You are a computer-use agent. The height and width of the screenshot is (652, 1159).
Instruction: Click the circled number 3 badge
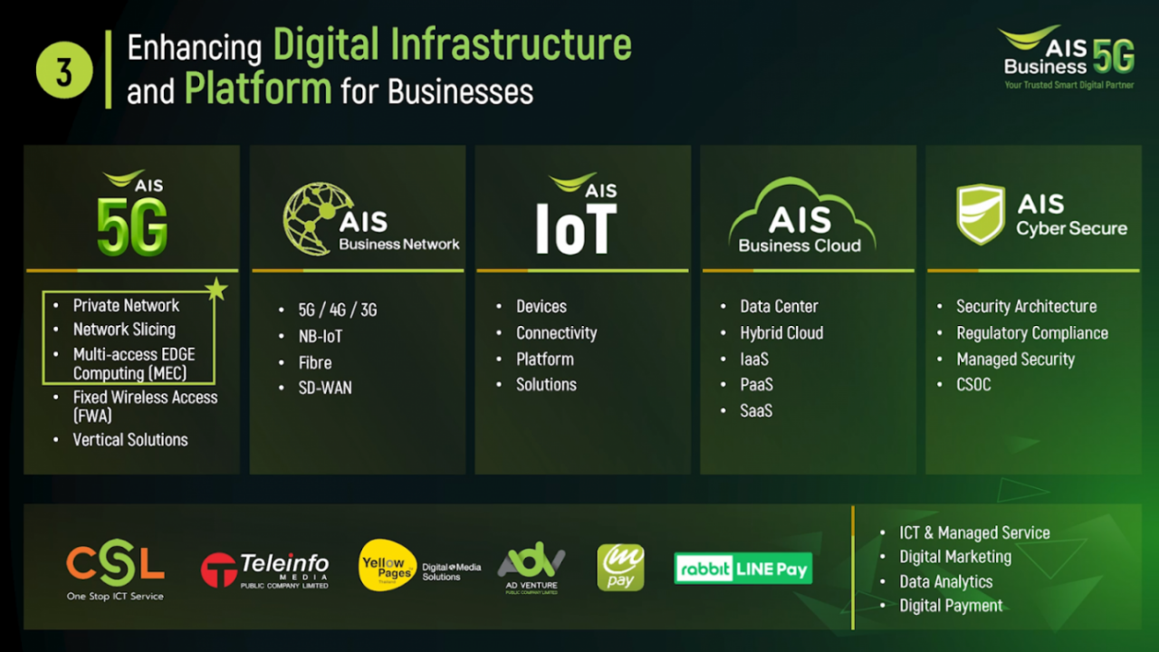(64, 70)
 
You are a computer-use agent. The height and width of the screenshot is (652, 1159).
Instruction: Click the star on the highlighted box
(216, 290)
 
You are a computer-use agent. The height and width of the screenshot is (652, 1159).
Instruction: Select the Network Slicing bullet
(124, 330)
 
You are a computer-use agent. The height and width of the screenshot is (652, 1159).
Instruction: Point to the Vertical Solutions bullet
(130, 440)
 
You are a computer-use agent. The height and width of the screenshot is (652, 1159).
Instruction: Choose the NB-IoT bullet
(321, 336)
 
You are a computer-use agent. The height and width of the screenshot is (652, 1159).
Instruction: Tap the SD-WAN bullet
(325, 388)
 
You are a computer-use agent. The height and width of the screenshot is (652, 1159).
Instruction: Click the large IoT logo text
(576, 227)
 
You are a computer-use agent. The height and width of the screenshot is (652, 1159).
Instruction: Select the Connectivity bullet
(556, 333)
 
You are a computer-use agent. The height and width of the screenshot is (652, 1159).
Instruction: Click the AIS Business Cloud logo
(800, 216)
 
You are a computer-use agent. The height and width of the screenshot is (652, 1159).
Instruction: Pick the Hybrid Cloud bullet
(781, 333)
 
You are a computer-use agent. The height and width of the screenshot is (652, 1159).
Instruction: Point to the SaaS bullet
(756, 411)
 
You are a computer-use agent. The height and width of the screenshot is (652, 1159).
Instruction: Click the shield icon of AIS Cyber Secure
(981, 215)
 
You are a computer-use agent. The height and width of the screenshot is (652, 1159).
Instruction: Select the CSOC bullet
(973, 385)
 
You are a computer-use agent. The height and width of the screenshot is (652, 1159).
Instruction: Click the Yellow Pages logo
(388, 565)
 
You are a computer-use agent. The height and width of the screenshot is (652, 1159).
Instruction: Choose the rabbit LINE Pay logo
(742, 569)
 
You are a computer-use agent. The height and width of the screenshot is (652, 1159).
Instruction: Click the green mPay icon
(620, 568)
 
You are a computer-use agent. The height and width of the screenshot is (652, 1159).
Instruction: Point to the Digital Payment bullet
(951, 606)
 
